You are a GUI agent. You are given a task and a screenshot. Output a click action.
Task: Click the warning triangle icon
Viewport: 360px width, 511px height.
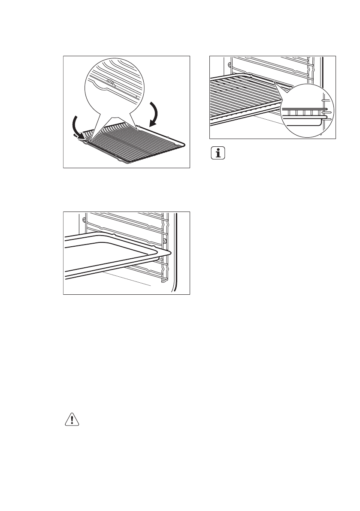[x=72, y=420]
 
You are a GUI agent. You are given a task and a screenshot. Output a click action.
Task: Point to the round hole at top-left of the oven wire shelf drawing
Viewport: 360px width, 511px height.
[x=230, y=65]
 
